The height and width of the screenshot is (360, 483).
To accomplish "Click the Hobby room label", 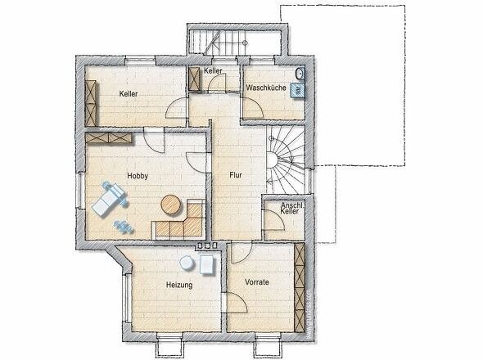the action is [138, 176].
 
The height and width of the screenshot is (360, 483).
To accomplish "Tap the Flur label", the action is [236, 175].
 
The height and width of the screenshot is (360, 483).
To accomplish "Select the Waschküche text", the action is [266, 88].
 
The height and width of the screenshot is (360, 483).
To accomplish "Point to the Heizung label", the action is [179, 285].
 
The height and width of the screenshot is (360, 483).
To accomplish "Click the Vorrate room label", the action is [257, 281].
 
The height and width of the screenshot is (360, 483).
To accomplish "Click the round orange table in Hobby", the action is [171, 205].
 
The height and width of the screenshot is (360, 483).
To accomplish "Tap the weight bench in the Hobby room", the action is [110, 200].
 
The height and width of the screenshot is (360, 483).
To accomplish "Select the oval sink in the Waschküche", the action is [300, 73].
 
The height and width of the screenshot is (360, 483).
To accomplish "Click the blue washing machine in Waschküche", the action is [297, 91].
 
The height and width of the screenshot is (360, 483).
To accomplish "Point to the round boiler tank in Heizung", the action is [187, 263].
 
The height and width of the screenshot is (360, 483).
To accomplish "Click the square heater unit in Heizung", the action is [207, 264].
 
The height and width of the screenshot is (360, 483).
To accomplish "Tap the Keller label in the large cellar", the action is [129, 93].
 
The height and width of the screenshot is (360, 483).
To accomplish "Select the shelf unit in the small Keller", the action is [195, 79].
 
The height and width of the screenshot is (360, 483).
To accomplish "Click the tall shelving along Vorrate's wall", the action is [300, 287].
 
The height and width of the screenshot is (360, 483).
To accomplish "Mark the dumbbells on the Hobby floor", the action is [124, 227].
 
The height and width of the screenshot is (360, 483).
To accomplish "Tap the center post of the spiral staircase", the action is [272, 160].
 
